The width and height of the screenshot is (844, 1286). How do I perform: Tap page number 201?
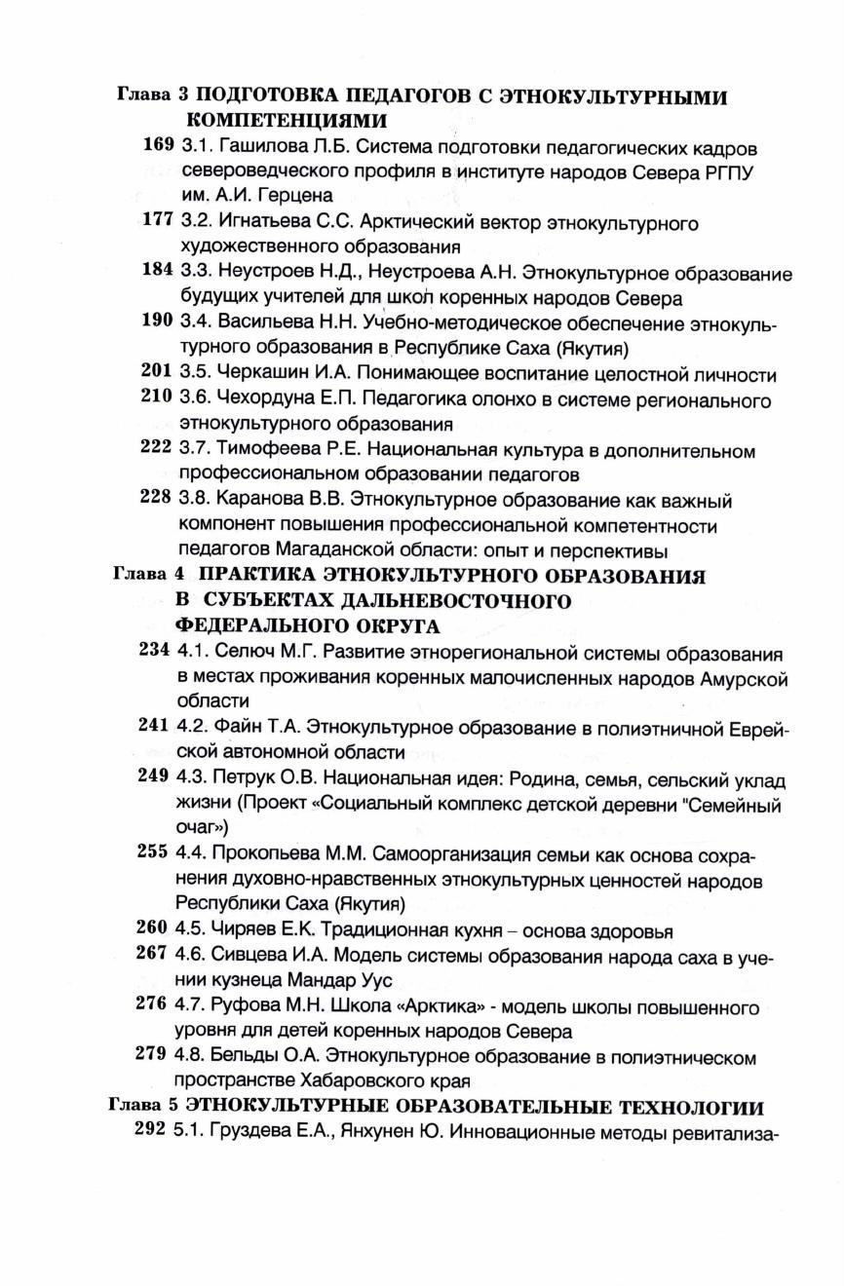tap(157, 374)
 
